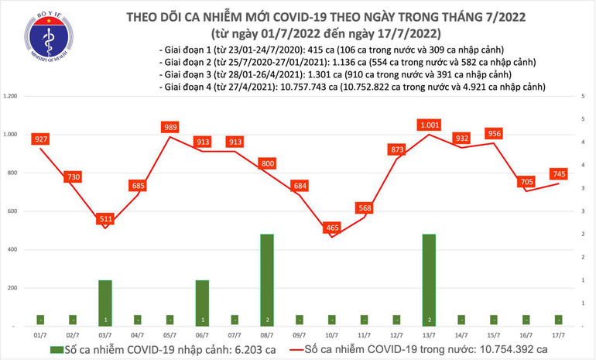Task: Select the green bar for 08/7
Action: (x=265, y=279)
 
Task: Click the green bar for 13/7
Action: (x=428, y=279)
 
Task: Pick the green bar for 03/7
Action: (x=104, y=303)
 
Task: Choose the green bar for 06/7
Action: (x=202, y=303)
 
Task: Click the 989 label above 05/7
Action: (x=170, y=127)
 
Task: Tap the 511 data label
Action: (x=104, y=220)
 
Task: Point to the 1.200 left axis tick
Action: (x=11, y=96)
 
